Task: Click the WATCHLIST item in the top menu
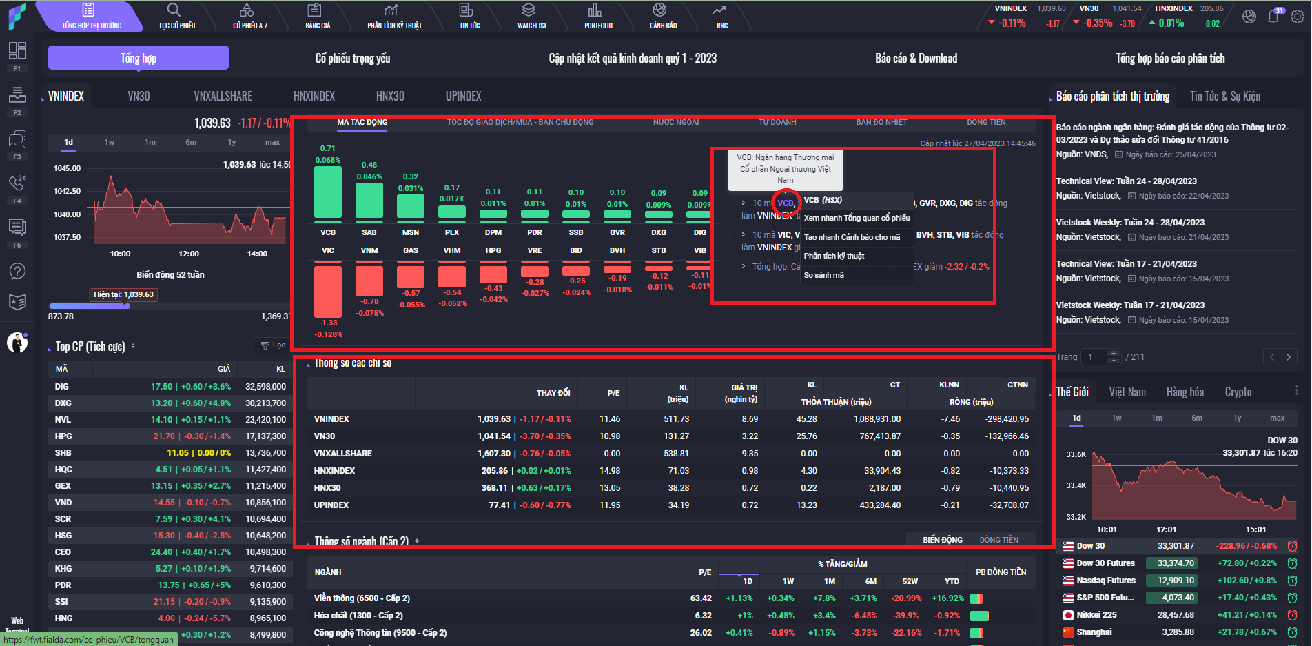pos(531,16)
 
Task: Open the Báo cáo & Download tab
pos(916,59)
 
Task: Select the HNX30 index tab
pos(390,97)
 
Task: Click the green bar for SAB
pos(369,200)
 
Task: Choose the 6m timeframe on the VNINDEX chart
pos(191,143)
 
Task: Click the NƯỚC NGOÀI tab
pos(675,123)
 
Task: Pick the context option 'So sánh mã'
pos(823,275)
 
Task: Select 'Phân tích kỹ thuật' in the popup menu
pos(834,256)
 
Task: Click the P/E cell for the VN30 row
pos(610,436)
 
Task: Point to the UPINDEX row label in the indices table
pos(331,505)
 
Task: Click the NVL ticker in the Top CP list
pos(63,420)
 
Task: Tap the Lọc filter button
pos(273,345)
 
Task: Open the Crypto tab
pos(1238,392)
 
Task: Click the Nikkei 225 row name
pos(1096,615)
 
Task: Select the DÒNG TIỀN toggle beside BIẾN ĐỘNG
pos(998,540)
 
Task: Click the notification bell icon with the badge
pos(1273,17)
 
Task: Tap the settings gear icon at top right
pos(1297,17)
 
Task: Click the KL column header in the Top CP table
pos(280,369)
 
